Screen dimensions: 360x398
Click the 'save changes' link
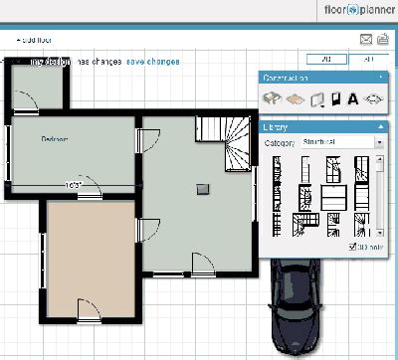(x=152, y=62)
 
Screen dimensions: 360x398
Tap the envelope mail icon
(x=365, y=40)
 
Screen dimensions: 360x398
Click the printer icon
(x=383, y=40)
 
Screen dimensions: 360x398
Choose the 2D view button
(x=327, y=59)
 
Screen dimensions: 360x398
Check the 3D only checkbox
(x=353, y=246)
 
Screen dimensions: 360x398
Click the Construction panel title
(x=286, y=77)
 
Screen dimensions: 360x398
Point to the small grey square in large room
(x=204, y=187)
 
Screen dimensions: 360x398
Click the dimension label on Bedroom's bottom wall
(x=74, y=185)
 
